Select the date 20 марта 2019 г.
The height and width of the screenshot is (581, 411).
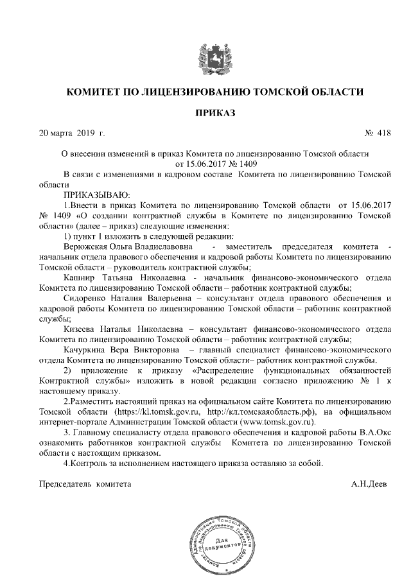pos(71,134)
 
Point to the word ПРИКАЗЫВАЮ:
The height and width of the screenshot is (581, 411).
pos(97,193)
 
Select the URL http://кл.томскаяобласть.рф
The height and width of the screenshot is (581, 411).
pos(263,412)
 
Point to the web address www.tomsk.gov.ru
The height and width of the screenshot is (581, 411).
pos(281,422)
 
